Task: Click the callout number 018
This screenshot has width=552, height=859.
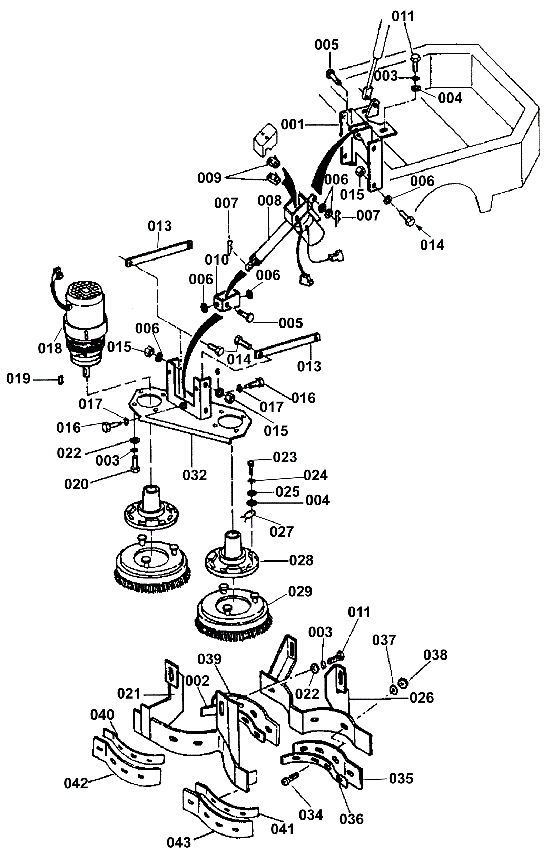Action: [x=50, y=348]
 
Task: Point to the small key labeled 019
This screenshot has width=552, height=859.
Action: [x=61, y=379]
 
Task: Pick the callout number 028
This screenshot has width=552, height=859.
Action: [x=301, y=560]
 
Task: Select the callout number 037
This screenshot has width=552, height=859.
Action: [x=384, y=640]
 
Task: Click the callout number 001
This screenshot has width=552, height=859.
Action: [x=293, y=125]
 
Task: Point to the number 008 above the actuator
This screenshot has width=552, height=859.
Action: [x=269, y=201]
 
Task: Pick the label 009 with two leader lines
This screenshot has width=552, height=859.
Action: [x=209, y=177]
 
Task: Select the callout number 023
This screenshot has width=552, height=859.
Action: [x=285, y=458]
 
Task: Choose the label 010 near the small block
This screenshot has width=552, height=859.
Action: [x=217, y=260]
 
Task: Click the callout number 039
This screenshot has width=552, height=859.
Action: [x=209, y=659]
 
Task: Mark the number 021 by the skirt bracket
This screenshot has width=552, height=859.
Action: [x=129, y=694]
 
